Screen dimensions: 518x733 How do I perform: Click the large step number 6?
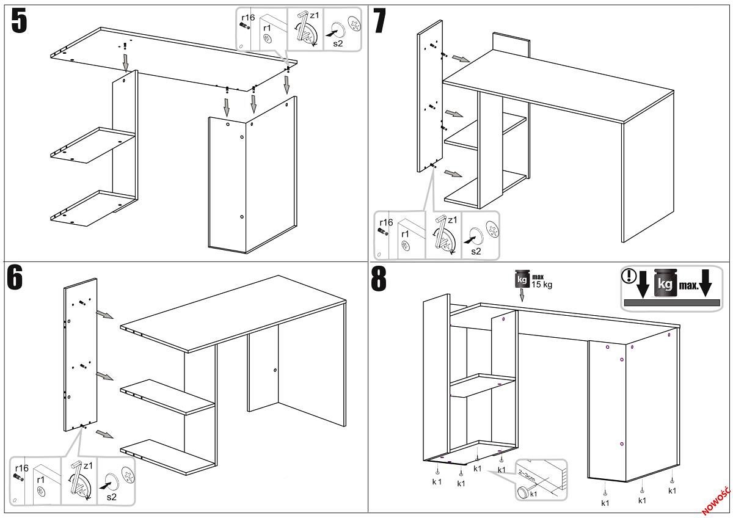pyautogui.click(x=16, y=277)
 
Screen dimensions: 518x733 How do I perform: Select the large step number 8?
pyautogui.click(x=379, y=279)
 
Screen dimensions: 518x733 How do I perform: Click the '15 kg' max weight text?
pyautogui.click(x=541, y=285)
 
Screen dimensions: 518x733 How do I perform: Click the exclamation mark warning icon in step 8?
pyautogui.click(x=628, y=275)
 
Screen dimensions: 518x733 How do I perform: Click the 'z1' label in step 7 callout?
pyautogui.click(x=452, y=221)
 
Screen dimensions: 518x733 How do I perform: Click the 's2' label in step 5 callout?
pyautogui.click(x=337, y=43)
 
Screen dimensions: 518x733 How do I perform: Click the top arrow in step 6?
pyautogui.click(x=105, y=315)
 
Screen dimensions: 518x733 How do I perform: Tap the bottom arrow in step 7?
pyautogui.click(x=453, y=174)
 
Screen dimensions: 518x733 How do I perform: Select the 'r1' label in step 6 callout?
pyautogui.click(x=41, y=480)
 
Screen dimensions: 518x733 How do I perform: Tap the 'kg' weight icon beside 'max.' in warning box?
pyautogui.click(x=665, y=284)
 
